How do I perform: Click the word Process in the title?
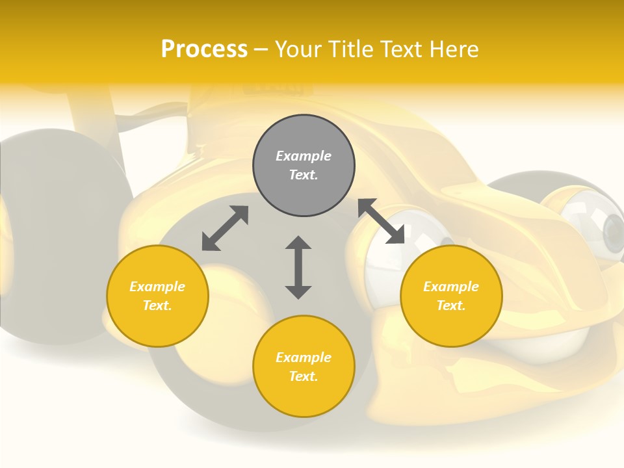(204, 49)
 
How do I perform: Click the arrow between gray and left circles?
(225, 228)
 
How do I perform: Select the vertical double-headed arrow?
(298, 267)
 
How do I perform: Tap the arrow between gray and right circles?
(381, 221)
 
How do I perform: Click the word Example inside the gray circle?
(304, 156)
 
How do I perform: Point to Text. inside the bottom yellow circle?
(304, 376)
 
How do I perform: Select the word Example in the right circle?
(451, 287)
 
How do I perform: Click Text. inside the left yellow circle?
(157, 305)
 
